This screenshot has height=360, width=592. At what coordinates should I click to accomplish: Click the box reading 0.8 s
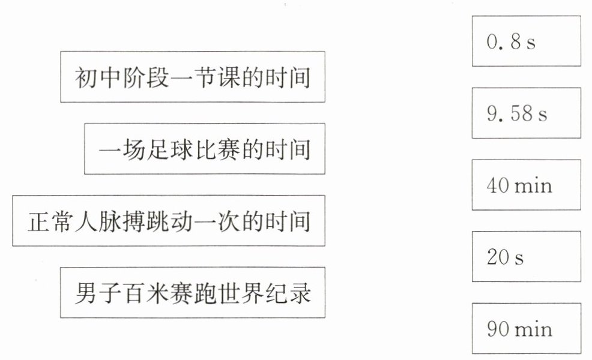pyautogui.click(x=526, y=41)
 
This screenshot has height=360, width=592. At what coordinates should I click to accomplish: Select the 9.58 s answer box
pyautogui.click(x=526, y=113)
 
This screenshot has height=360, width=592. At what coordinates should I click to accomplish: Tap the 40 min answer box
pyautogui.click(x=526, y=185)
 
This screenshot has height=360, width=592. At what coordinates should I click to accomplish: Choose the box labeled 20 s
pyautogui.click(x=526, y=257)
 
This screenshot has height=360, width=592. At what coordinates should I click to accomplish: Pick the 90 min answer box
pyautogui.click(x=526, y=329)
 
